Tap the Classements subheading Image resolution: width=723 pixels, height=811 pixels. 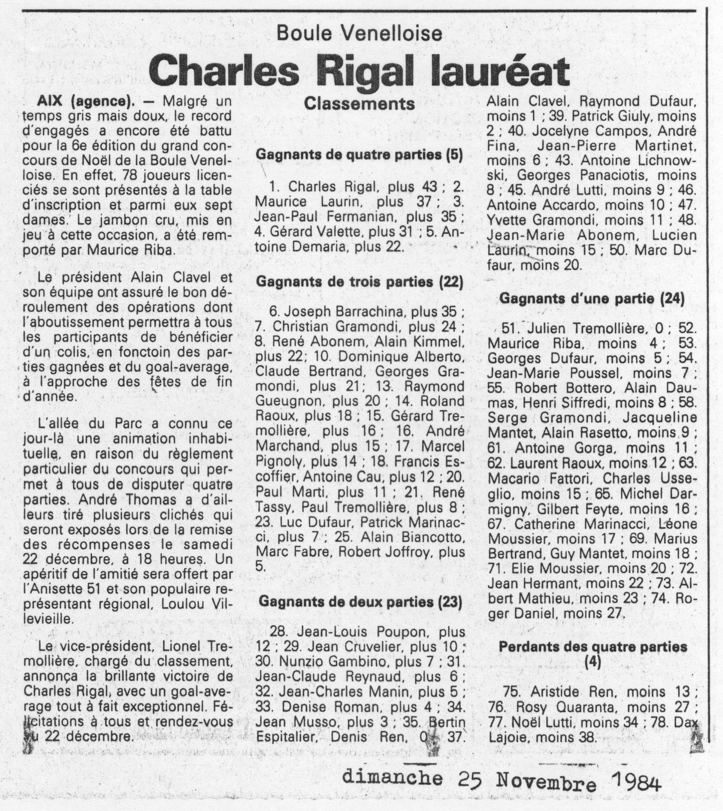tap(359, 104)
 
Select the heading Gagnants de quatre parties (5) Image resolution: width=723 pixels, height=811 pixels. tap(359, 154)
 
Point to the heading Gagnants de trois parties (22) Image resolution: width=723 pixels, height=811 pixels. tap(359, 282)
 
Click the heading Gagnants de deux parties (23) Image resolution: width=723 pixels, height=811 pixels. tap(359, 602)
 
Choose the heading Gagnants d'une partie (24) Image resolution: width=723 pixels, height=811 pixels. tap(591, 298)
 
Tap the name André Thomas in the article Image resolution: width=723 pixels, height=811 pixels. tap(127, 500)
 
